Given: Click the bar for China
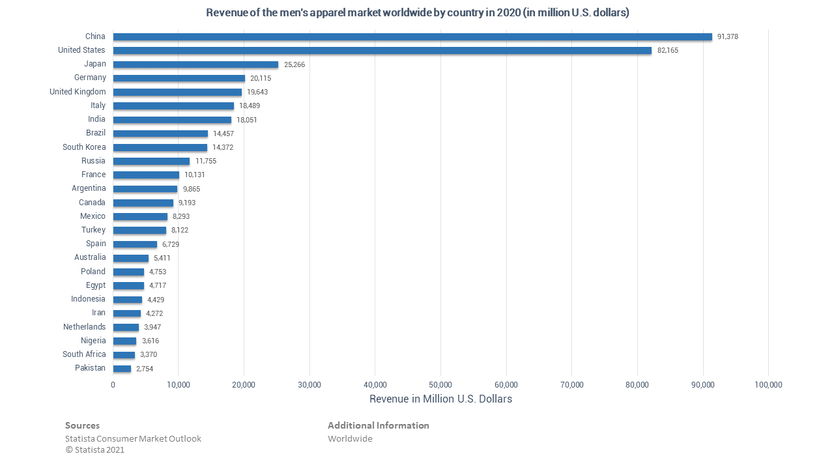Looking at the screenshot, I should (x=412, y=36).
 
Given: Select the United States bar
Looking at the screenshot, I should (x=382, y=50).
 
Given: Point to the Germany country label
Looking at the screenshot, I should (x=90, y=78).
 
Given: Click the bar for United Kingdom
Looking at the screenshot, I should (x=177, y=92).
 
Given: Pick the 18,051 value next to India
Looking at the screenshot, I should (x=247, y=120).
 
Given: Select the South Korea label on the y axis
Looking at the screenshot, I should (x=84, y=147).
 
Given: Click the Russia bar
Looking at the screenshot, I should (x=151, y=161).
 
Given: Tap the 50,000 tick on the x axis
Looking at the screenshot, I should (x=440, y=384).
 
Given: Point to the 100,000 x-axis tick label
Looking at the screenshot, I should (x=768, y=384).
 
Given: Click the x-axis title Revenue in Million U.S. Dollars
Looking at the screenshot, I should (x=440, y=399).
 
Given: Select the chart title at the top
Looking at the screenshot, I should (x=417, y=12).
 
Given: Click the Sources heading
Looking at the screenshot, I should (x=82, y=425).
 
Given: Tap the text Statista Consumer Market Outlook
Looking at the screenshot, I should (x=133, y=438).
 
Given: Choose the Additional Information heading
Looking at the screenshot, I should (x=378, y=425).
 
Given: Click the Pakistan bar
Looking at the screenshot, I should (x=122, y=369).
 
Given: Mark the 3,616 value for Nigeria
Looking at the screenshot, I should (x=151, y=341).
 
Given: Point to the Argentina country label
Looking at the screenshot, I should (x=89, y=188).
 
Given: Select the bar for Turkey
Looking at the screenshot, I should (x=139, y=230).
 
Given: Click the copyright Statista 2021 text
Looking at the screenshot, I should (x=95, y=449).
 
